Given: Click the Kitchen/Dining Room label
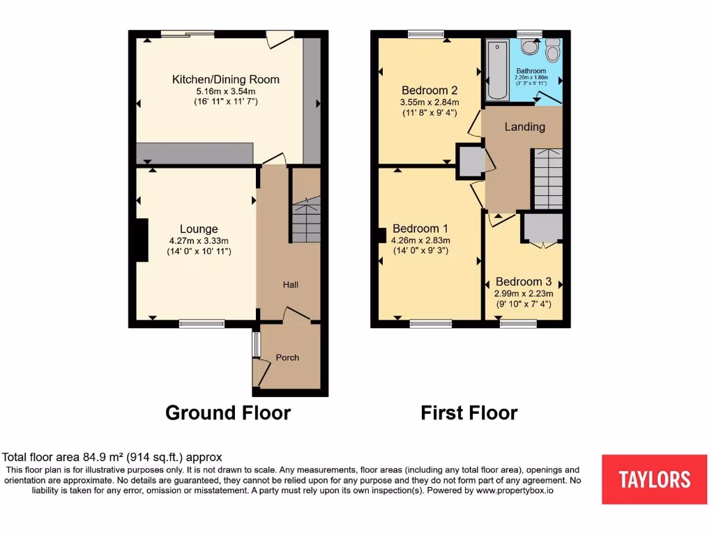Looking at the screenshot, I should (225, 79).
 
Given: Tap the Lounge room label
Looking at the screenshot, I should (199, 228).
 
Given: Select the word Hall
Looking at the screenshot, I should (291, 285).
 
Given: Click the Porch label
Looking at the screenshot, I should (287, 357).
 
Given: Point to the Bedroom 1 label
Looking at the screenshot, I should (420, 228).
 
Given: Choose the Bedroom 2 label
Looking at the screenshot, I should (430, 90).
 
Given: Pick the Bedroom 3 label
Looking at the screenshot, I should (524, 282).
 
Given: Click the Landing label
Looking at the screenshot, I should (524, 127).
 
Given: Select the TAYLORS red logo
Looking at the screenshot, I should (654, 479).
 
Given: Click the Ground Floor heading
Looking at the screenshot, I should (228, 413).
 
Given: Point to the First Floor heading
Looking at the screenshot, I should (469, 413).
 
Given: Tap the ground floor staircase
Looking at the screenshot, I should (305, 219).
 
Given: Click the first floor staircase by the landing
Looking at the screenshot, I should (548, 178).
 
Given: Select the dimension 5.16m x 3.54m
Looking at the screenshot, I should (225, 91).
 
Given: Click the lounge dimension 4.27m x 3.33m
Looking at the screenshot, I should (199, 240).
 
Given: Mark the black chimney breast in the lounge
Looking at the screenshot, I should (142, 240).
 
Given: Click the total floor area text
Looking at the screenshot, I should (112, 458).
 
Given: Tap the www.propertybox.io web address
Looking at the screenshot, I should (515, 490).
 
